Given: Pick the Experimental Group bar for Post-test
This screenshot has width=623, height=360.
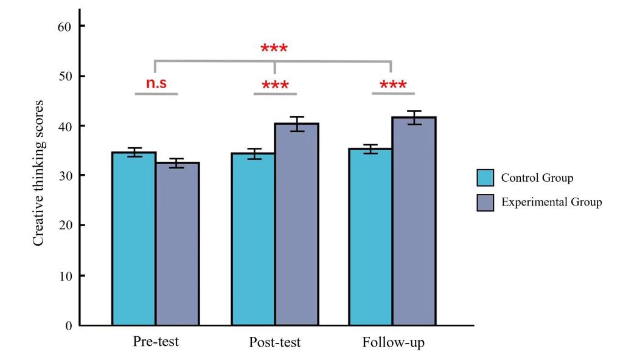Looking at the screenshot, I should click(296, 224).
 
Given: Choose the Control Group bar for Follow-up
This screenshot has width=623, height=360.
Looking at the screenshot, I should click(370, 237).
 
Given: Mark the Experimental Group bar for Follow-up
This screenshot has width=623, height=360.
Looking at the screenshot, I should click(414, 221).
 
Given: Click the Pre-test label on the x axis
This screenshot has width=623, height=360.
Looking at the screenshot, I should click(156, 342).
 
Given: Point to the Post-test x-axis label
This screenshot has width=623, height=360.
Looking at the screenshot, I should click(274, 342).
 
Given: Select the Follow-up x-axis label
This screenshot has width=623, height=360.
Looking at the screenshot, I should click(393, 342).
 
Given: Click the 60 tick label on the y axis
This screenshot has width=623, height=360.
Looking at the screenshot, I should click(64, 26).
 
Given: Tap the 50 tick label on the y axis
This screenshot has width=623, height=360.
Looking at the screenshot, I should click(64, 76).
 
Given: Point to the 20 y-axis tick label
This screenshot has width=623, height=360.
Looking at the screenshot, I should click(64, 226).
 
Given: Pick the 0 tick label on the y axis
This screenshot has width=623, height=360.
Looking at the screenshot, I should click(68, 325).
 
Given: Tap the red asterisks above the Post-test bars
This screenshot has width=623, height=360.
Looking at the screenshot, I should click(274, 85).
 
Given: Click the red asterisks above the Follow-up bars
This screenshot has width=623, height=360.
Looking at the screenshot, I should click(393, 85).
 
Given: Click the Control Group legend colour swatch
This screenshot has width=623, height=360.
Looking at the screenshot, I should click(486, 178).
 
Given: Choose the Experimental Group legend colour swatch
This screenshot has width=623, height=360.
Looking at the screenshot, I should click(486, 202).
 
